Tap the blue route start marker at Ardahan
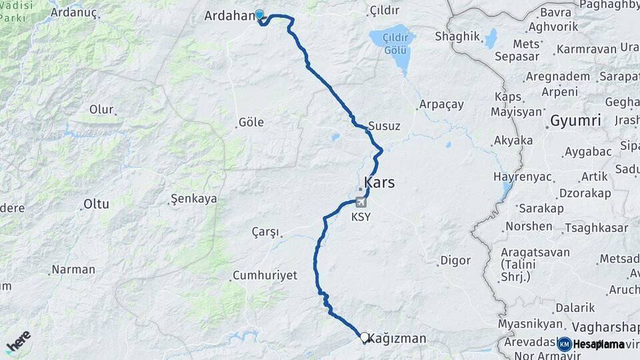pos(259,14)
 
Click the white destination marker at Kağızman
pos(364,337)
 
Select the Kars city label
pos(379,182)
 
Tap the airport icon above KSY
pos(361,202)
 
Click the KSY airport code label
pos(361,217)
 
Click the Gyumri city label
pos(575,121)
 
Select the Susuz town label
pos(385,126)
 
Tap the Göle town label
pos(251,122)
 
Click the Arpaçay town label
pos(441,105)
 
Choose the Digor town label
pos(455,261)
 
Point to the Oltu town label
pos(96,204)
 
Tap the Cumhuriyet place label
pos(264,275)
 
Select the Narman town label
pos(73,270)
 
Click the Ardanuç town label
pos(74,12)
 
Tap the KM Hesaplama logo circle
pos(564,344)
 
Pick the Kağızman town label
pos(397,339)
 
